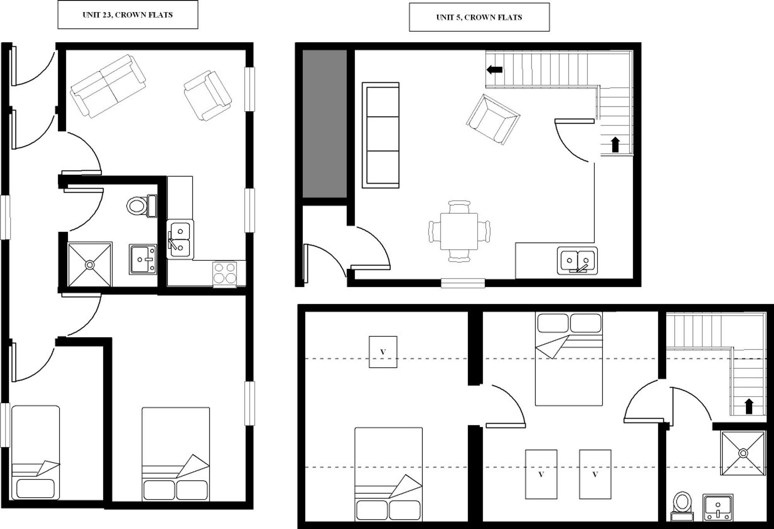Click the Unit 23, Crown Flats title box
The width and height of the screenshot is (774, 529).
tap(128, 15)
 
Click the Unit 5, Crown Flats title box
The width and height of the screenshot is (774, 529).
tap(479, 17)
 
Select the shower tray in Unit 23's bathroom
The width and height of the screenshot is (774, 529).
tap(90, 265)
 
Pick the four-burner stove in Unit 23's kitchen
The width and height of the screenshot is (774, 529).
tap(224, 273)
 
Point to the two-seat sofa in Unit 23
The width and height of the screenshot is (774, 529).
tap(108, 86)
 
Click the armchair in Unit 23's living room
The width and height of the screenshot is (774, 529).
tap(207, 96)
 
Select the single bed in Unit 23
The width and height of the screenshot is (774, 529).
tap(35, 452)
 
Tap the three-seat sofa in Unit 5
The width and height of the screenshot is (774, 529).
tap(381, 135)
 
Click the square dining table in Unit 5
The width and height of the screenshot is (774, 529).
tap(459, 231)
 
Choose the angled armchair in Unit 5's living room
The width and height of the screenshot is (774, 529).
tap(493, 119)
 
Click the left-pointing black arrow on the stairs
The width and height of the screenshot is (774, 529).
tap(494, 70)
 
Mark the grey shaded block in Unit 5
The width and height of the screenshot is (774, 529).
tap(324, 123)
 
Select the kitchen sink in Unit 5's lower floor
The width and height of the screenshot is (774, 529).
tap(577, 261)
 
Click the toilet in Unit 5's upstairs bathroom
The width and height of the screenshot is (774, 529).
tap(682, 506)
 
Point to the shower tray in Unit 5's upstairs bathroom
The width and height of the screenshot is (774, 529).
tap(743, 453)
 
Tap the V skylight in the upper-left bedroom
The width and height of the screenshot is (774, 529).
tap(383, 352)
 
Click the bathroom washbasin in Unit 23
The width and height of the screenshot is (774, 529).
tap(143, 259)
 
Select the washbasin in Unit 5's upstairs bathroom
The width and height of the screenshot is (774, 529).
tap(718, 507)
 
